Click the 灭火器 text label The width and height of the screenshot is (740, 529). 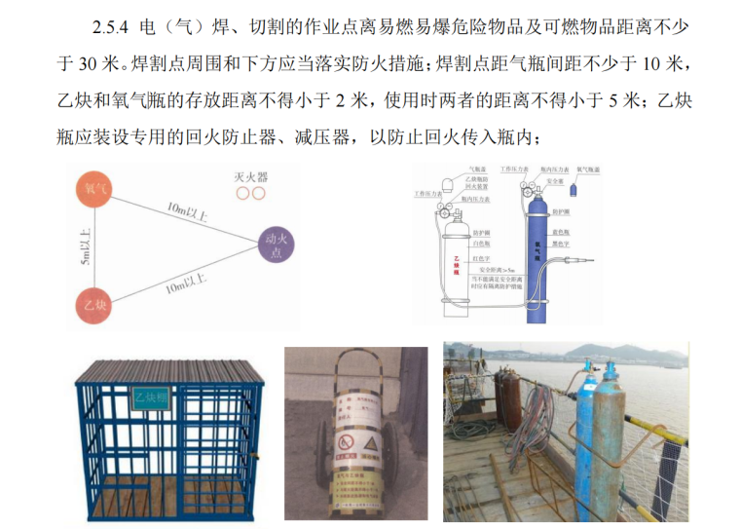click(250, 177)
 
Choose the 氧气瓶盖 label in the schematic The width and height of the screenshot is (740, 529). click(588, 170)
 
